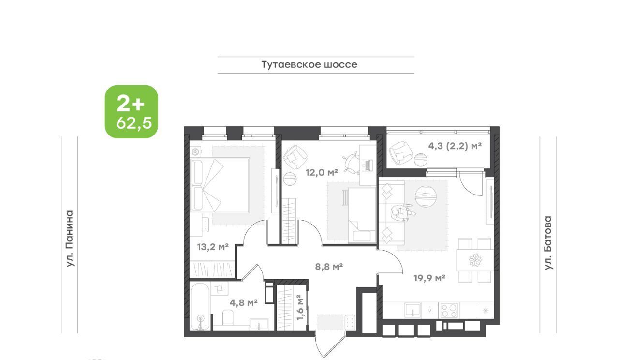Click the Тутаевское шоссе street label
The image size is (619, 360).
pos(309,65)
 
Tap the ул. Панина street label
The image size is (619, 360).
pos(70,239)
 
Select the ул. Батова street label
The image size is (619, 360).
pos(548,243)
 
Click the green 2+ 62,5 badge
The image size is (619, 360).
pos(131,111)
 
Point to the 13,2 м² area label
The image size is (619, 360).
pos(213,246)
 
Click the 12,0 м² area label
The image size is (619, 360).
pos(322,173)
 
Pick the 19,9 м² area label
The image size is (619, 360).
pos(429,278)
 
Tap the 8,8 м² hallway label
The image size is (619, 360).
pos(329,267)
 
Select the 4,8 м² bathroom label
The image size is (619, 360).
pos(243,302)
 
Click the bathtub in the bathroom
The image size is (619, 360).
pos(200,306)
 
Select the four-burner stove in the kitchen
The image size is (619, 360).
pos(449,310)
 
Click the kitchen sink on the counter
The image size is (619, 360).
pos(413,310)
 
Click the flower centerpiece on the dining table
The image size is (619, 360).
pos(475,260)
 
